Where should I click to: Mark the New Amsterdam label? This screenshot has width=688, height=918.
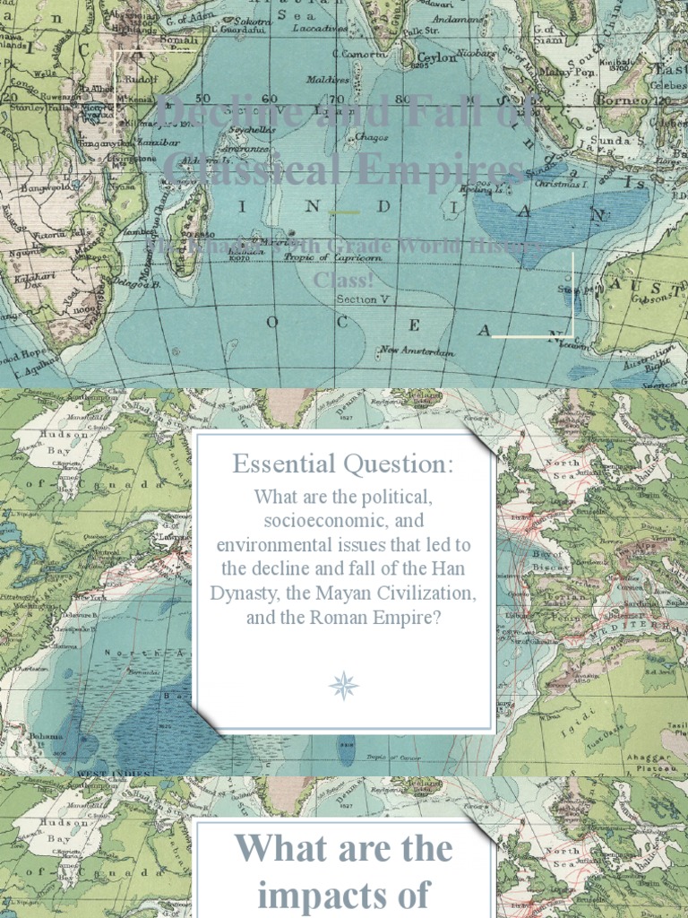(417, 351)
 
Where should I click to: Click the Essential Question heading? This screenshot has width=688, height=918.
(343, 464)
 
